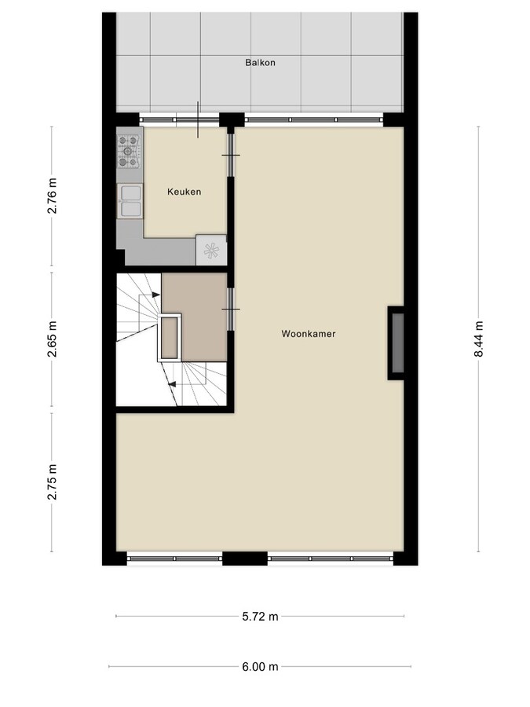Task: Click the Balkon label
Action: pyautogui.click(x=260, y=63)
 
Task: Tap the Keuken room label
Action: pyautogui.click(x=185, y=192)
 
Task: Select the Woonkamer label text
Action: pyautogui.click(x=309, y=334)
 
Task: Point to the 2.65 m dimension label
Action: pyautogui.click(x=53, y=340)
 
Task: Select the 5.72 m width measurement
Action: pyautogui.click(x=260, y=617)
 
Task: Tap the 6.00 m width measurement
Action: pyautogui.click(x=260, y=667)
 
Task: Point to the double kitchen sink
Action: pyautogui.click(x=130, y=200)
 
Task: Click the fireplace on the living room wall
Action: pyautogui.click(x=397, y=343)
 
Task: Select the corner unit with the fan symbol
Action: pyautogui.click(x=210, y=250)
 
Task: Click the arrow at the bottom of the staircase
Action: pyautogui.click(x=171, y=384)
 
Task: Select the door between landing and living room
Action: pyautogui.click(x=231, y=309)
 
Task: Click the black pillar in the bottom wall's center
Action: pyautogui.click(x=244, y=559)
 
